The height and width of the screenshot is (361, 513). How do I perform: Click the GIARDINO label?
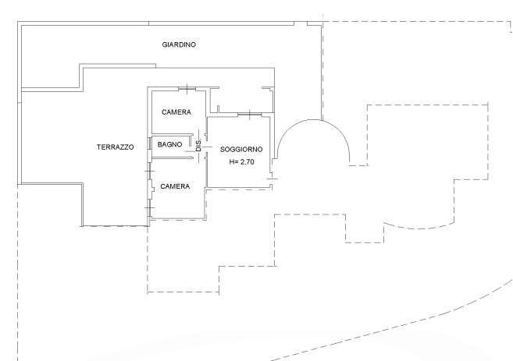coord(179,44)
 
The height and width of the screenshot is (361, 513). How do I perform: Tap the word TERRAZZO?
coord(115,147)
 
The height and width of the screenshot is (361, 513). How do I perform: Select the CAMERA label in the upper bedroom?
coord(176,112)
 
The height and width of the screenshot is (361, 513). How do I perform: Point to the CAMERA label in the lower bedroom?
coord(175,186)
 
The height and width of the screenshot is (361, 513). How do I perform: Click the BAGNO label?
coord(169,144)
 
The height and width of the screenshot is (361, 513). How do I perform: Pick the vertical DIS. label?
coord(198,145)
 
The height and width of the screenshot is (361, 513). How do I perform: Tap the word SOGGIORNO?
coord(241,149)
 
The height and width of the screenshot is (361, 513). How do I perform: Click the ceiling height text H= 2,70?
coord(242,161)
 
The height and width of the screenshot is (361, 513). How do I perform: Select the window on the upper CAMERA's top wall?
coord(187,88)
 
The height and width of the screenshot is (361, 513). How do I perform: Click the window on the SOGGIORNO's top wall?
coord(250,114)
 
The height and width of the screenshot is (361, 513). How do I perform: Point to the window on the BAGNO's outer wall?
coord(149,144)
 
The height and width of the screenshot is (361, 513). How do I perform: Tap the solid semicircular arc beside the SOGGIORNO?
coord(313,120)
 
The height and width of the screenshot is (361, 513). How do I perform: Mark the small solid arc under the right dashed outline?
coord(419,228)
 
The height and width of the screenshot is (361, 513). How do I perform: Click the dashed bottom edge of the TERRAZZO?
coord(115,226)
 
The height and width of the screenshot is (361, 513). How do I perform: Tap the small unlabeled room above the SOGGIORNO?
coord(241,101)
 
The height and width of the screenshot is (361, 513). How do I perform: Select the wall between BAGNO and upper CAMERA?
coord(173,134)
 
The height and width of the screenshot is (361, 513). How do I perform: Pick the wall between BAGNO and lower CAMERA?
coord(173,158)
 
